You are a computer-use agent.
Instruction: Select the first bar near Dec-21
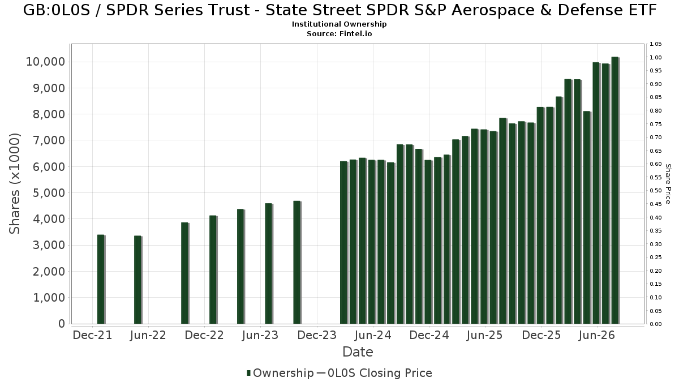(x=101, y=279)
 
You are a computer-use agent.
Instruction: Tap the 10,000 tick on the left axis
(x=45, y=62)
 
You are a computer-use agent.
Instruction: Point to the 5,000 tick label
(x=49, y=193)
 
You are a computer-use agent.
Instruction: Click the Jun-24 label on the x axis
(x=373, y=335)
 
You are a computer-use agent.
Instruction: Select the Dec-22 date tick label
(x=204, y=335)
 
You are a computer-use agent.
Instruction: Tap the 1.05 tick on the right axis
(x=656, y=44)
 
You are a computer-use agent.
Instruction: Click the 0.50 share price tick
(x=656, y=191)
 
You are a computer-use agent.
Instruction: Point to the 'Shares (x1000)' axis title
(x=14, y=184)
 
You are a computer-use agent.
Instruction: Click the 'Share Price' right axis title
(x=668, y=184)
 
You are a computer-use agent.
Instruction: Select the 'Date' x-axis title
(x=358, y=352)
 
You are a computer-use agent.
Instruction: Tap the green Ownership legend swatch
(x=249, y=373)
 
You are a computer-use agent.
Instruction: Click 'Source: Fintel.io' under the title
(x=339, y=33)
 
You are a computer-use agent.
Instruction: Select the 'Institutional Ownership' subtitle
(x=339, y=24)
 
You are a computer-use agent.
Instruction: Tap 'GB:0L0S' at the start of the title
(x=57, y=10)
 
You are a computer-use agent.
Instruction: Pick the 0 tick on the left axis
(x=62, y=324)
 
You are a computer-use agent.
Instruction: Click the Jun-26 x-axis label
(x=596, y=335)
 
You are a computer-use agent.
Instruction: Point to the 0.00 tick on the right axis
(x=656, y=324)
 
